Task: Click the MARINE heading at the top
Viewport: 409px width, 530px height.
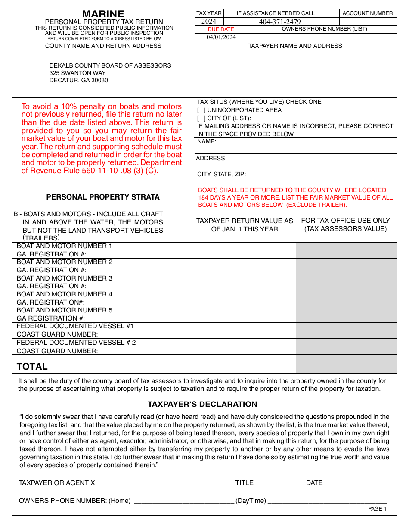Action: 103,14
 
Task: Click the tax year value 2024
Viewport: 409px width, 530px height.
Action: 209,22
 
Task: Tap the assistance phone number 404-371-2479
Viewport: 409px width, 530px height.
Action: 280,22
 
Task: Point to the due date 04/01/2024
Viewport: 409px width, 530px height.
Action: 221,37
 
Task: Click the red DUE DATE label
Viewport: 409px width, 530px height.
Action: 221,29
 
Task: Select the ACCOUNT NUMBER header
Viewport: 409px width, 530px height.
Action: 368,13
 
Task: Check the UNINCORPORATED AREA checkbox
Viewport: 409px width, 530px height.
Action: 201,110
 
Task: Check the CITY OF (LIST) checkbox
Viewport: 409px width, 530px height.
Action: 201,118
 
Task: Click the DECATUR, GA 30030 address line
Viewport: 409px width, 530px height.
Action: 79,80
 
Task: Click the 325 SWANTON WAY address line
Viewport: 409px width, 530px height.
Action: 77,73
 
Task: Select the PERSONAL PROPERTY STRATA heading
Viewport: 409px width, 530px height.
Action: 103,197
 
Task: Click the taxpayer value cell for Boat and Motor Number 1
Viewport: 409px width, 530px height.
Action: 245,250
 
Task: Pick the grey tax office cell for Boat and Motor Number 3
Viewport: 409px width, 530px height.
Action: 346,282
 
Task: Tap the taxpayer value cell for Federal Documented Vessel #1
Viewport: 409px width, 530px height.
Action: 245,330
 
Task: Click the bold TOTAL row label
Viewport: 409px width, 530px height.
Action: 32,367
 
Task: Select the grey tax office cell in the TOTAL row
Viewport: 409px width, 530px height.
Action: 346,364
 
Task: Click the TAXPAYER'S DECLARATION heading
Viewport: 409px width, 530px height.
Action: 202,404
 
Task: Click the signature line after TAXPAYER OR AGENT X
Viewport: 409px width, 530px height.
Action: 165,483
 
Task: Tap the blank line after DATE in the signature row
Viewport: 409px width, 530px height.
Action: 355,483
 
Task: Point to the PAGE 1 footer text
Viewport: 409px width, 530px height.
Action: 377,509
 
